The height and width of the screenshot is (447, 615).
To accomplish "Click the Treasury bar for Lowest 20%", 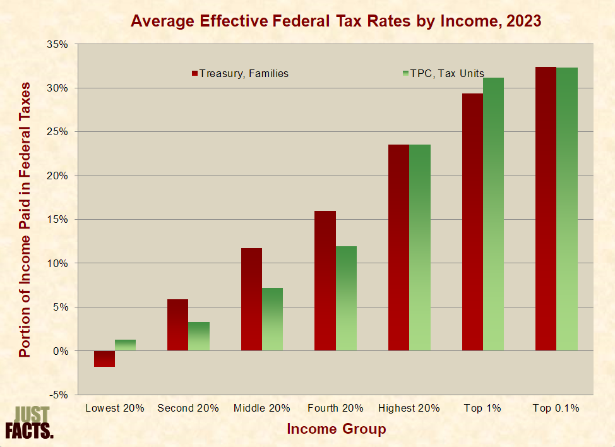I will tap(104, 359).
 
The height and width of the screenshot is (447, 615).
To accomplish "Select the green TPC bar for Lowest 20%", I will tap(125, 345).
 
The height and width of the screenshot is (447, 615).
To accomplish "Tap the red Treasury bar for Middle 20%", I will tap(251, 299).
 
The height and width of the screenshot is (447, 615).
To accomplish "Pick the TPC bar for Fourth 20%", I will tap(346, 298).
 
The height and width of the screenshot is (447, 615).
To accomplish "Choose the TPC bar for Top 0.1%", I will tap(567, 209).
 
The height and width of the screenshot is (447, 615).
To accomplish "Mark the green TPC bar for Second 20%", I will tap(199, 336).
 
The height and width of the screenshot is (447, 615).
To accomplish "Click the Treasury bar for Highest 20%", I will tap(398, 247).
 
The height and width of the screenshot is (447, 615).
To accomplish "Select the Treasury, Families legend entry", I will tap(240, 73).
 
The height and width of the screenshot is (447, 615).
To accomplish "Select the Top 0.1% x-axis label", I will tap(556, 408).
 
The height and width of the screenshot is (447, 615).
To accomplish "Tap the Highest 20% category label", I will tap(409, 408).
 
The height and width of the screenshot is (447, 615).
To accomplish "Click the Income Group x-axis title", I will tap(336, 429).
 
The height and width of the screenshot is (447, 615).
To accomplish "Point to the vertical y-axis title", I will tap(25, 218).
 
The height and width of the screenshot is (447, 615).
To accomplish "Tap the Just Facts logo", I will tap(30, 422).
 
